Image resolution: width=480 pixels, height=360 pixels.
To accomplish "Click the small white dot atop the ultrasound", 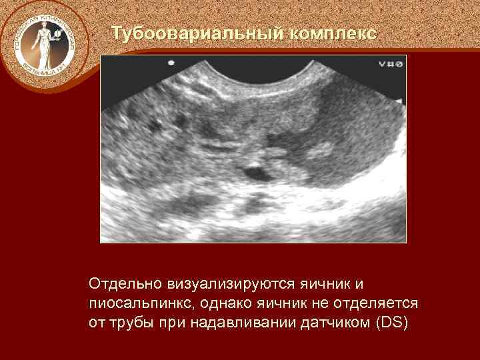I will [171, 63].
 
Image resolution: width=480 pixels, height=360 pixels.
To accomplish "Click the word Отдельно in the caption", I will [121, 285].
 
